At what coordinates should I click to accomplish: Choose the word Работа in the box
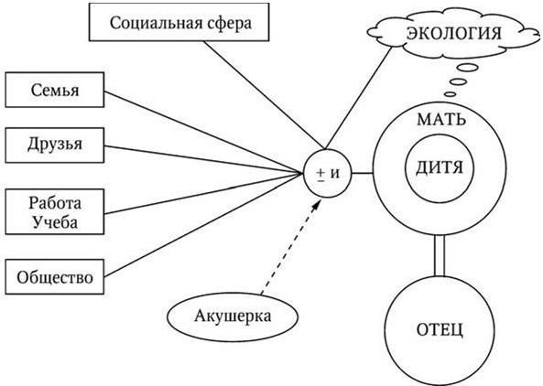(55, 203)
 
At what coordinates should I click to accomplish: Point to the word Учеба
(55, 222)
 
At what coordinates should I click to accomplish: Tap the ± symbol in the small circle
(320, 174)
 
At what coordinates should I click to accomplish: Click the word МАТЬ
(441, 120)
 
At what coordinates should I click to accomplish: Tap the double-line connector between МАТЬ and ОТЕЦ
(440, 255)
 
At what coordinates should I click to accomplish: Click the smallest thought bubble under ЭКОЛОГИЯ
(450, 93)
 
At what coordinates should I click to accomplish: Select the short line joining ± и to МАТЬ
(363, 173)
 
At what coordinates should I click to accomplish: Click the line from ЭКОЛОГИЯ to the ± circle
(359, 98)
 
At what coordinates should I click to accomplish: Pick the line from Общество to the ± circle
(203, 224)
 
